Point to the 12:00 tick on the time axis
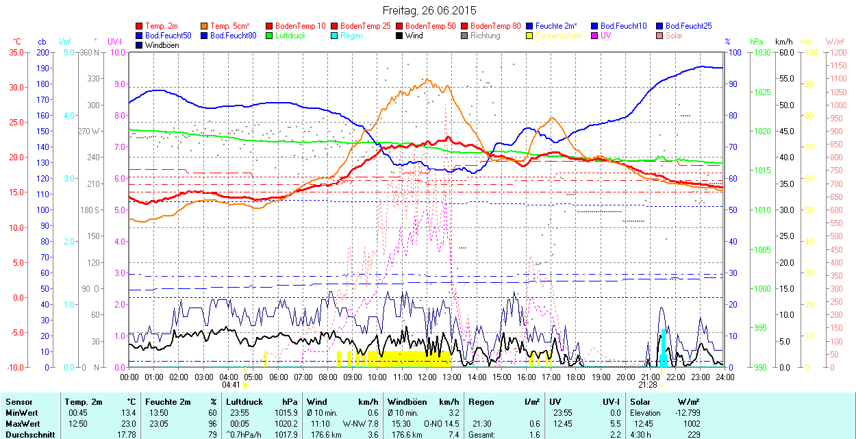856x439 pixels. tap(427, 377)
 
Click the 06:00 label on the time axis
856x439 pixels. tap(278, 377)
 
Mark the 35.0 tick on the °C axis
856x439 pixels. tap(14, 52)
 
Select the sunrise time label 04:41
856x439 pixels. tap(231, 385)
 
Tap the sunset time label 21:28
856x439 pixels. tap(648, 385)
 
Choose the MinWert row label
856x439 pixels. tap(22, 413)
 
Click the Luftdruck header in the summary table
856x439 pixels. tap(245, 402)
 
